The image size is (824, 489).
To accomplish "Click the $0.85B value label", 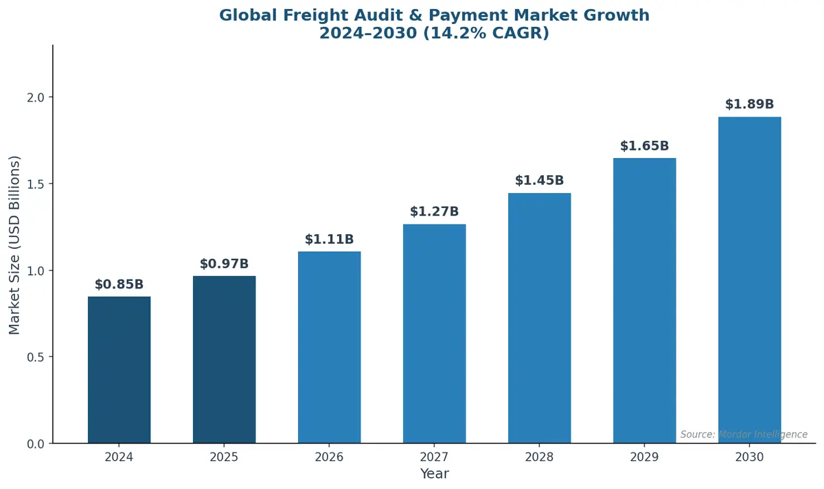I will tap(119, 284).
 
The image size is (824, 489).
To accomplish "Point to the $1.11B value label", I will tap(329, 240).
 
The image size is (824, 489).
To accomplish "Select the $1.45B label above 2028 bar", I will tap(539, 181).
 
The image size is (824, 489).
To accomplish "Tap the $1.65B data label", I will tap(644, 146).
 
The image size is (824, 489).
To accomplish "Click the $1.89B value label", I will tap(749, 104).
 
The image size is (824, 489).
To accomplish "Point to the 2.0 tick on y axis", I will tap(36, 98).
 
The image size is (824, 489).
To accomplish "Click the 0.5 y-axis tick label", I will tap(36, 357).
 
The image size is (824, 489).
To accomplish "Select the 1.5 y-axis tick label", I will tap(36, 184).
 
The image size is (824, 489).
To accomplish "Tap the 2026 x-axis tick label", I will tap(329, 457).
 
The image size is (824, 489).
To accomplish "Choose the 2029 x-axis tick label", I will tap(644, 457).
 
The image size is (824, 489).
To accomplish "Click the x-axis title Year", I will tap(434, 474).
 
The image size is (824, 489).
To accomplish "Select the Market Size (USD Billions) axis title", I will tap(15, 244).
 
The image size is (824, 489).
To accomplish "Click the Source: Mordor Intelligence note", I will tap(744, 435).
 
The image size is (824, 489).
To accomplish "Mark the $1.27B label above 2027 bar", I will tap(434, 212).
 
